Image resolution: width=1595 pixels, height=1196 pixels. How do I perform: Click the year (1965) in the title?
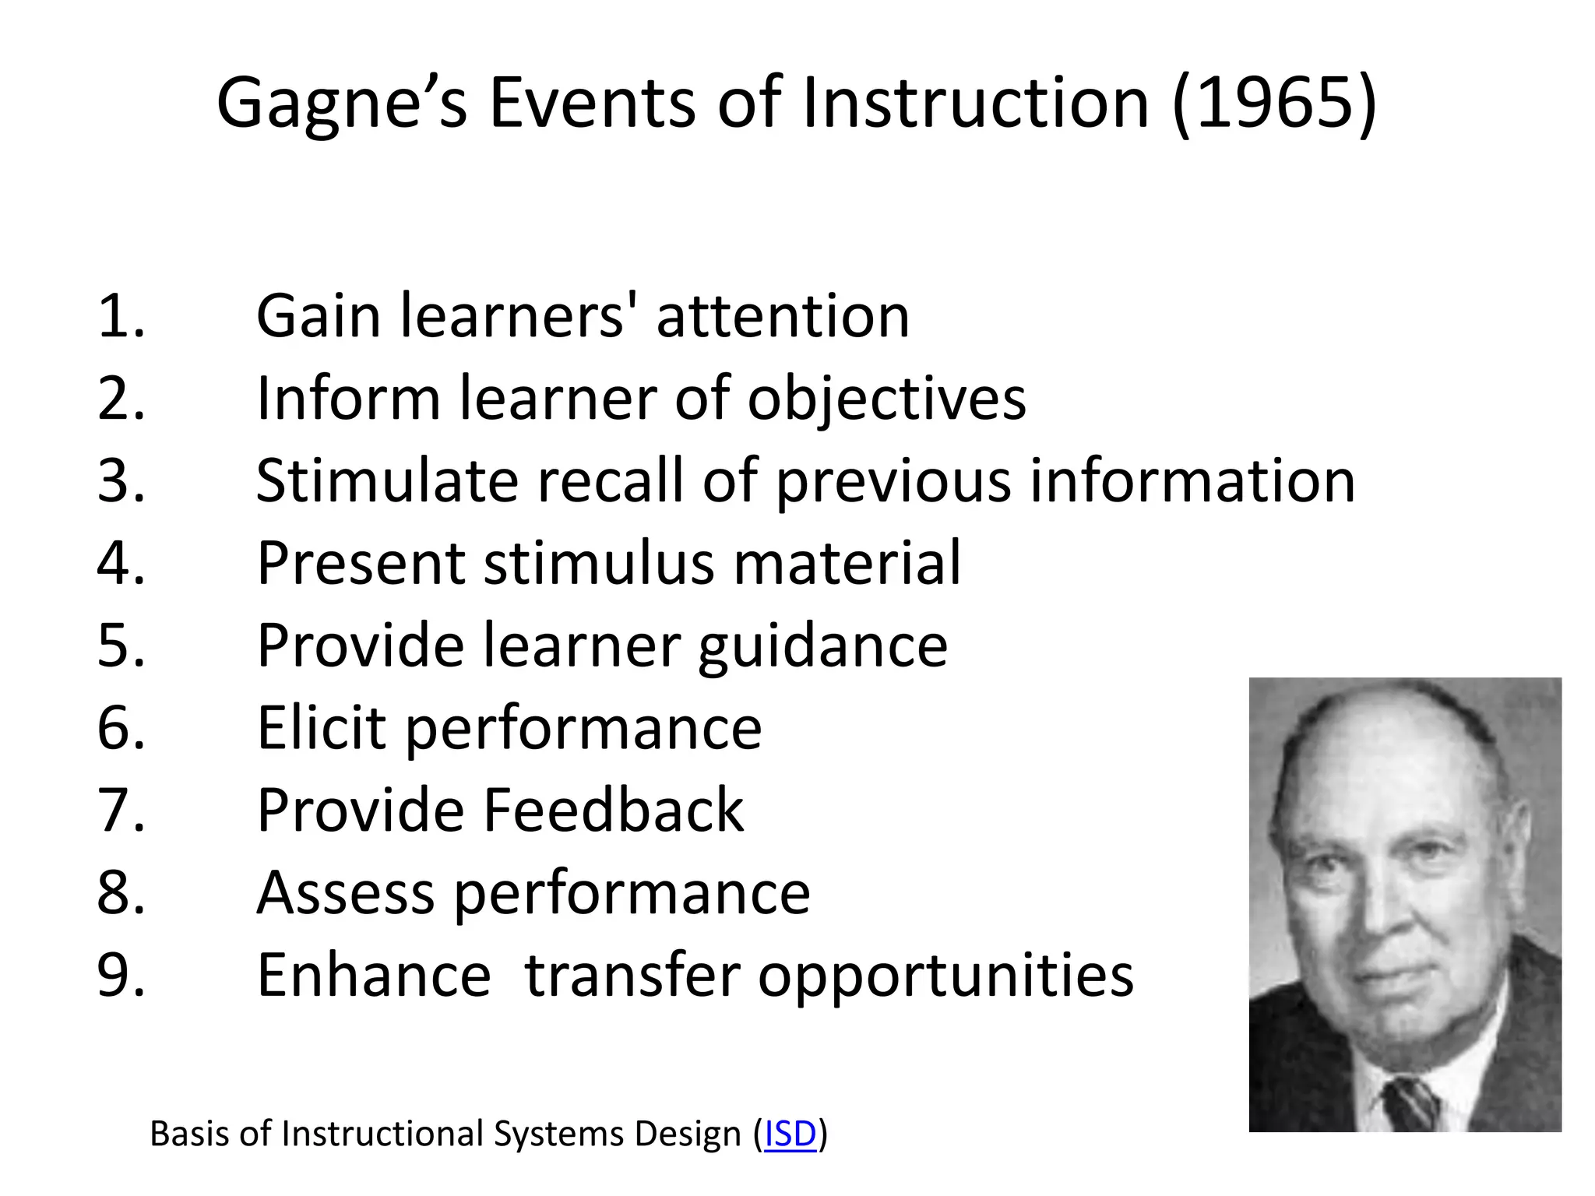point(1275,104)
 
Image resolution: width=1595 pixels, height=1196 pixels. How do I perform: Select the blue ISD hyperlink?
point(790,1134)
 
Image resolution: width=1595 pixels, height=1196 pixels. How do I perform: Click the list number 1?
point(121,316)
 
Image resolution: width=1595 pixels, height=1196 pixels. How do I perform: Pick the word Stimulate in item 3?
point(386,480)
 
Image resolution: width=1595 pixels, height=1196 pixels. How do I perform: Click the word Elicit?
point(321,727)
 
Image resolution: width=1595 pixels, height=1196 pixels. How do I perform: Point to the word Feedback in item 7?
point(613,810)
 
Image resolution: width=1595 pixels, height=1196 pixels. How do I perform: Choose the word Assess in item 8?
point(345,892)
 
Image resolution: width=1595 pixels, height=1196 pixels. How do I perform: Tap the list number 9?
point(121,975)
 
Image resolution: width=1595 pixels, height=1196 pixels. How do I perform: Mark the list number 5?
point(121,645)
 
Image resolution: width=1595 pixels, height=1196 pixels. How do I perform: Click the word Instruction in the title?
point(974,104)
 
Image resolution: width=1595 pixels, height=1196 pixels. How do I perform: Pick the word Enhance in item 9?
point(373,975)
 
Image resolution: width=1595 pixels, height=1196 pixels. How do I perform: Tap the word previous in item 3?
point(893,482)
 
